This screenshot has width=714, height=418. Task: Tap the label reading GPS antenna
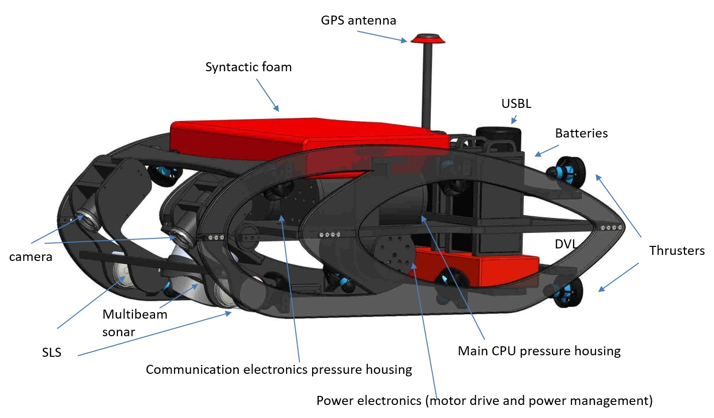click(359, 21)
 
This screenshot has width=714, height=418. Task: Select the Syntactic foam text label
click(248, 67)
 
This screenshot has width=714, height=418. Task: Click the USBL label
click(516, 104)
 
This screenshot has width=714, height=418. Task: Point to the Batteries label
click(581, 133)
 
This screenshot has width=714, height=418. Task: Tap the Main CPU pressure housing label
click(539, 351)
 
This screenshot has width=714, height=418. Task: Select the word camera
click(31, 257)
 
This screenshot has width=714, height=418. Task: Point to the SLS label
click(52, 352)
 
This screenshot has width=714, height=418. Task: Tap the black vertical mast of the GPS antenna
click(427, 85)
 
